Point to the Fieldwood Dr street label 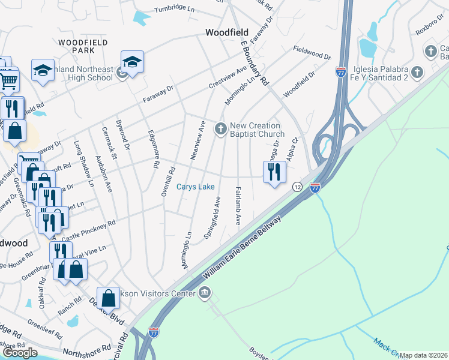(x=312, y=53)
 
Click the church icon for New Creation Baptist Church (x=221, y=128)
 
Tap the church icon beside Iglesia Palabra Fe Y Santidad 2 (x=418, y=73)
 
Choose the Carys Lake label (x=196, y=187)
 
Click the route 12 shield (x=297, y=187)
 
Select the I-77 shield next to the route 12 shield (x=315, y=188)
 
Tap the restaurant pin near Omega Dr (x=274, y=172)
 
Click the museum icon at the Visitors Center (x=205, y=293)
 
